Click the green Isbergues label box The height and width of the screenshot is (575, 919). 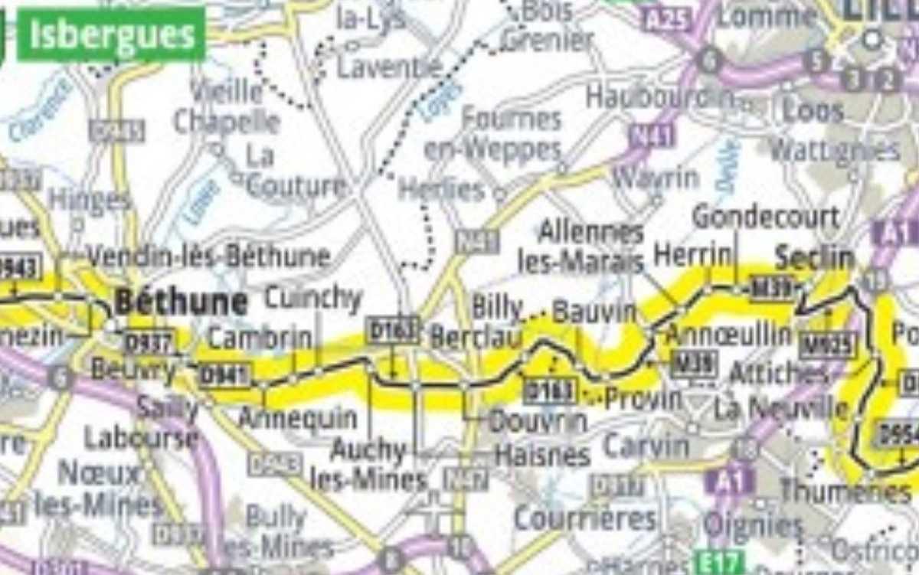point(112,34)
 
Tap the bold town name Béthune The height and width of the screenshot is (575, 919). point(181,302)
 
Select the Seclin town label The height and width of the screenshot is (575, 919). point(815,259)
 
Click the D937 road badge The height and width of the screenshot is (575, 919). point(150,341)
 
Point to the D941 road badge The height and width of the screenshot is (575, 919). point(225,375)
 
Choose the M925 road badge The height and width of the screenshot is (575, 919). point(826,346)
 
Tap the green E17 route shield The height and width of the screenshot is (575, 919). point(718,563)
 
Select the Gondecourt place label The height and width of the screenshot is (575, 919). point(765,217)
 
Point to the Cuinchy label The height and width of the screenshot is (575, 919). point(312,298)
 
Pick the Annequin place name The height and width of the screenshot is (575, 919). point(297,418)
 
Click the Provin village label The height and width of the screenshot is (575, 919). point(643,398)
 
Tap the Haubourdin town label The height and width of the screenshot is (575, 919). point(660,97)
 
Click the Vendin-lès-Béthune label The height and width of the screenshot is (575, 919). point(208,256)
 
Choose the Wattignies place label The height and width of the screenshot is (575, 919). point(835,150)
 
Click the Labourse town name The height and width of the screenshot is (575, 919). point(141,438)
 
